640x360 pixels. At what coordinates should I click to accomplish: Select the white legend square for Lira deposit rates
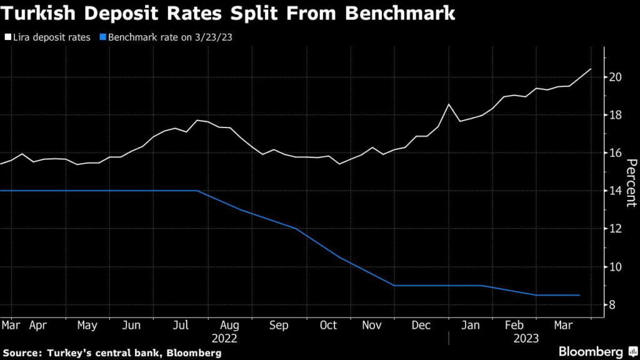tap(6, 37)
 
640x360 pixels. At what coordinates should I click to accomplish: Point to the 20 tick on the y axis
tap(616, 77)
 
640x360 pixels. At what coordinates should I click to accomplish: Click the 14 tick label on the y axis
tap(616, 191)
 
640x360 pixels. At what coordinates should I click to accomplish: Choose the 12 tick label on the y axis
tap(616, 229)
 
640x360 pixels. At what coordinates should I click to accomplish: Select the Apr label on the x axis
tap(38, 326)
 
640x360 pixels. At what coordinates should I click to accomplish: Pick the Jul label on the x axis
tap(180, 326)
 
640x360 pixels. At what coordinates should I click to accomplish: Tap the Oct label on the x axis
tap(328, 326)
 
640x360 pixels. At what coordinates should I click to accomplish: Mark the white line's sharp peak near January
tap(449, 104)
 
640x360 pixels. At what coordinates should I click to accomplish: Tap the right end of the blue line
tap(579, 295)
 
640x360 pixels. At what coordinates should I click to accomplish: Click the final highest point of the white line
tap(591, 69)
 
